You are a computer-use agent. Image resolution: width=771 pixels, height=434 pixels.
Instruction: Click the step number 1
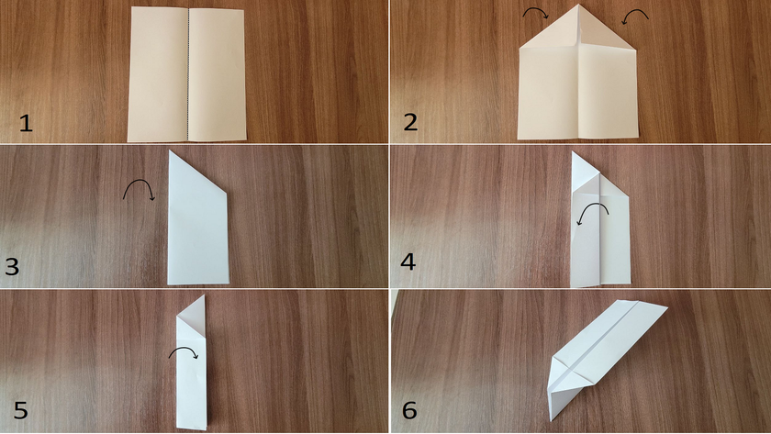[x=26, y=123]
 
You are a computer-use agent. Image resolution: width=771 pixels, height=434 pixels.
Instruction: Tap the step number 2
[x=410, y=122]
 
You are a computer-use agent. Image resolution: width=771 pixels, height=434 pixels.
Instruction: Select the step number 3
[x=12, y=266]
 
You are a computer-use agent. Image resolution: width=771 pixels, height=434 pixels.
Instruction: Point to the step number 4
[x=408, y=262]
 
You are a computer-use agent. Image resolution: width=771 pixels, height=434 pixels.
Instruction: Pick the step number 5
[x=20, y=410]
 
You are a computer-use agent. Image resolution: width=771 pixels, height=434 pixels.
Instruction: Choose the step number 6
[x=409, y=410]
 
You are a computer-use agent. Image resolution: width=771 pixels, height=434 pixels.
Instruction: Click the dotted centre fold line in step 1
[x=188, y=74]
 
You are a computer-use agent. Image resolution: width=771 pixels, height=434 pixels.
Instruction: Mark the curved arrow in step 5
[x=184, y=349]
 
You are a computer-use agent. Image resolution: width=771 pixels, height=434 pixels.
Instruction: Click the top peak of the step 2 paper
[x=579, y=5]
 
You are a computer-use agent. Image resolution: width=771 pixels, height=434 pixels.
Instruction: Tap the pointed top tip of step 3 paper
[x=170, y=150]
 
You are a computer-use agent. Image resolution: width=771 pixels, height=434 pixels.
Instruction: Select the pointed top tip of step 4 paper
[x=573, y=152]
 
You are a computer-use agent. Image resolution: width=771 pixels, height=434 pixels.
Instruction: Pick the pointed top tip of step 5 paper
[x=204, y=295]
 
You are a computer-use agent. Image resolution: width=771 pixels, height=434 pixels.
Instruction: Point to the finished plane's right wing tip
[x=666, y=308]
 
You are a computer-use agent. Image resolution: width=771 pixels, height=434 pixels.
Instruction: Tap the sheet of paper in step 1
[x=187, y=74]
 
